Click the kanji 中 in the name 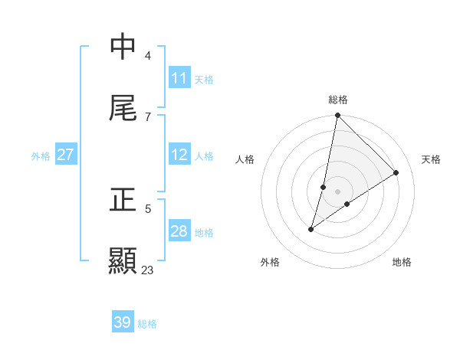tap(123, 47)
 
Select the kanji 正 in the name tap(123, 200)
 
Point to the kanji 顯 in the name tap(123, 260)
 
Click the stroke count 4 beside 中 tap(148, 56)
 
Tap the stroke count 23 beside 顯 tap(148, 270)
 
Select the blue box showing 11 tap(179, 78)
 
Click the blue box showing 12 tap(179, 155)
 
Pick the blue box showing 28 tap(179, 231)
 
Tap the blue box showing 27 tap(65, 155)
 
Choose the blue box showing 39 tap(122, 322)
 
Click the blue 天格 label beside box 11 tap(204, 79)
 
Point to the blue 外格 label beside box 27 tap(41, 155)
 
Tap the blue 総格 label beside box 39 tap(147, 323)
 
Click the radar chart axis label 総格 tap(338, 100)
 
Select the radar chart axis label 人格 tap(245, 159)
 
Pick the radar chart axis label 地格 tap(402, 262)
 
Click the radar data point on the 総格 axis tap(338, 116)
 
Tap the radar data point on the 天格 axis tap(396, 172)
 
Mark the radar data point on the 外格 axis tap(311, 229)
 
